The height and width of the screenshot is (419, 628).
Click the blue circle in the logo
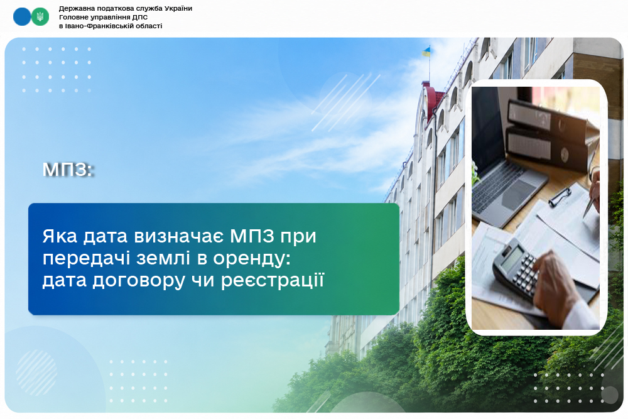(x=21, y=17)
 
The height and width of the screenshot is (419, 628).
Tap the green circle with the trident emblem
(x=40, y=17)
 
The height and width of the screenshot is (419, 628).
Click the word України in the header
(x=176, y=8)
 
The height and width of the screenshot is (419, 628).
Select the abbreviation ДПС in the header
(x=140, y=17)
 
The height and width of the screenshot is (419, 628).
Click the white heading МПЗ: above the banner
(x=68, y=170)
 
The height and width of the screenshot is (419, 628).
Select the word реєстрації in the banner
(x=272, y=280)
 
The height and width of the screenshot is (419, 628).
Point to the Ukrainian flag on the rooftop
(x=426, y=52)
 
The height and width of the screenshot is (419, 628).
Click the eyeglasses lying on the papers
(x=560, y=197)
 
